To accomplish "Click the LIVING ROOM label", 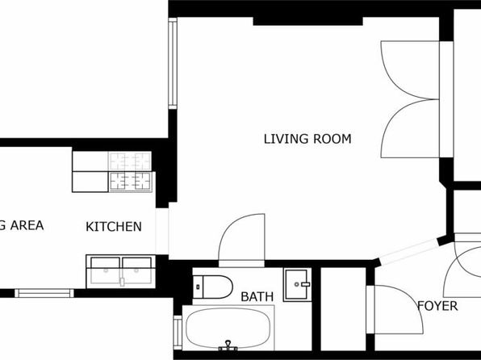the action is [x=307, y=139].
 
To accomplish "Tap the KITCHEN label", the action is [x=114, y=227].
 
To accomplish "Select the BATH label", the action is [x=257, y=297].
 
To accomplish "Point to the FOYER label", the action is [x=437, y=306].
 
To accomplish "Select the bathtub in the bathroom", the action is [x=228, y=328].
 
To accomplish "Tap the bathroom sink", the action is [x=297, y=284].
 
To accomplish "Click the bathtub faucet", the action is [x=228, y=345].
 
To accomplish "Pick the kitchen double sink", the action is [x=121, y=271].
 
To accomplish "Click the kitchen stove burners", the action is [x=130, y=172].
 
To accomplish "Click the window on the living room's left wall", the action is [x=173, y=63].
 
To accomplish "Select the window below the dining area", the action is [x=44, y=293].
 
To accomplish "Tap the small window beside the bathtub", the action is [x=178, y=333].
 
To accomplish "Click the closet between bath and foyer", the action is [x=343, y=309].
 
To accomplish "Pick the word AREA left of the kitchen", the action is [x=27, y=225].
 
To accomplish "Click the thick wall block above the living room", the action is [x=307, y=21].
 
